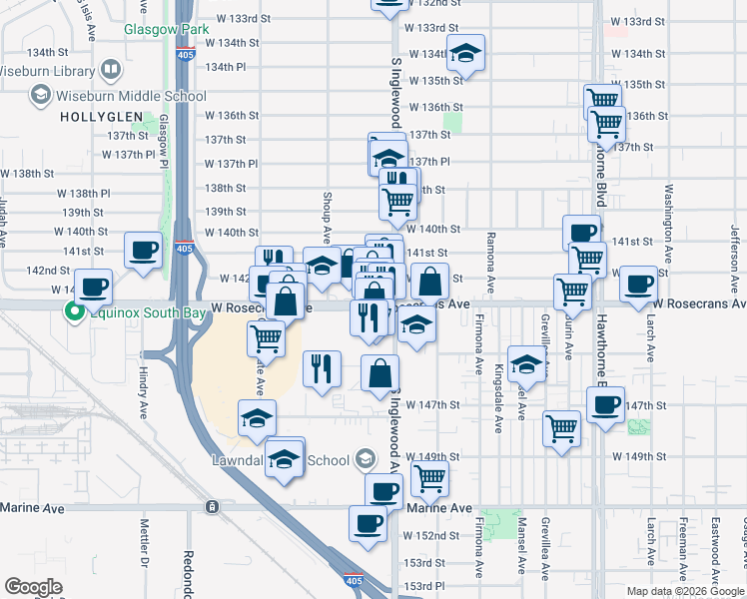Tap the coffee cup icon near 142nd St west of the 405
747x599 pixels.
(x=143, y=250)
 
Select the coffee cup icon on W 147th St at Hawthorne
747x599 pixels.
(x=605, y=405)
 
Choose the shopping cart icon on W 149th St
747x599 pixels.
(x=429, y=477)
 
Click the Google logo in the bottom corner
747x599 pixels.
(x=33, y=587)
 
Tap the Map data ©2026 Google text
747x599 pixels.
(x=685, y=590)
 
